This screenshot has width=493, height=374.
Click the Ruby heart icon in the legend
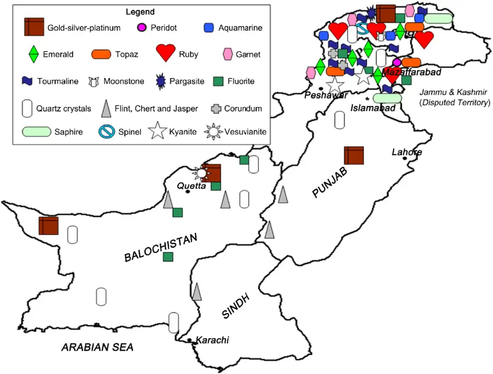165,54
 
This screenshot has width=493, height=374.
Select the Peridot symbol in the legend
141,27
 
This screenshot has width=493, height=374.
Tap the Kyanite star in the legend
158,132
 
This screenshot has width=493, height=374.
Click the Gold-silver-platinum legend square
34,27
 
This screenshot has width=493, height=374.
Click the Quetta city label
192,186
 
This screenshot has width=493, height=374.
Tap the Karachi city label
212,340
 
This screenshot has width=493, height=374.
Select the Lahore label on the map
406,152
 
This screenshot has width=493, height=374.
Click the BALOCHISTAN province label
161,248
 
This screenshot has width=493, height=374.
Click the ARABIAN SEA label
98,348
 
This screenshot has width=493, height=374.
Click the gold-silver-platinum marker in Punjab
354,156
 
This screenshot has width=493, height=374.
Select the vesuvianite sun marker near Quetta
201,173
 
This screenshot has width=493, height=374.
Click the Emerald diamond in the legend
34,55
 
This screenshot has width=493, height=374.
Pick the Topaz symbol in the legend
101,54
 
